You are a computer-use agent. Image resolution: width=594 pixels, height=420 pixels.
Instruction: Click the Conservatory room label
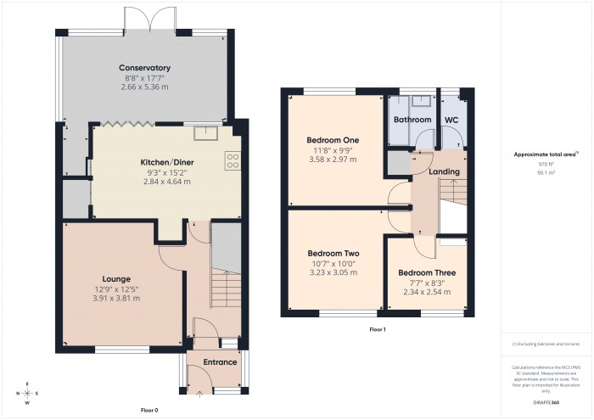point(144,68)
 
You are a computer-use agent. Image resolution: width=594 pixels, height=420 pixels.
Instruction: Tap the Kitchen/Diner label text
point(160,161)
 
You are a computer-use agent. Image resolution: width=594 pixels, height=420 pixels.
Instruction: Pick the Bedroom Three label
point(426,273)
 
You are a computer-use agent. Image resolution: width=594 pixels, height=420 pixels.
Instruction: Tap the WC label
point(451,120)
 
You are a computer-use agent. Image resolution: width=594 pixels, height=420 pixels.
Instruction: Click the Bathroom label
point(412,120)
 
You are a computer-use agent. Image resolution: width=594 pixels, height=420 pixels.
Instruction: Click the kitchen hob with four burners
point(232,160)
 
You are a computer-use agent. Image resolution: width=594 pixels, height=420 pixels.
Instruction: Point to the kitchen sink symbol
point(204,132)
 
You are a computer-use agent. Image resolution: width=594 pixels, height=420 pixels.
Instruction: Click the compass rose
point(27,393)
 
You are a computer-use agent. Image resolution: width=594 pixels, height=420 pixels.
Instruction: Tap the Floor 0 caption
point(148,410)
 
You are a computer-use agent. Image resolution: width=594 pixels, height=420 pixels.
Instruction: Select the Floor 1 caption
point(378,328)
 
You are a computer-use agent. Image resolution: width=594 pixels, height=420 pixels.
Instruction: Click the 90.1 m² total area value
point(546,171)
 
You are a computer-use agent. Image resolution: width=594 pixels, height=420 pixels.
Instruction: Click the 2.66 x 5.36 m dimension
point(144,87)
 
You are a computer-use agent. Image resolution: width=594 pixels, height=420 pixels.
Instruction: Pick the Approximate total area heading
point(544,154)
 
